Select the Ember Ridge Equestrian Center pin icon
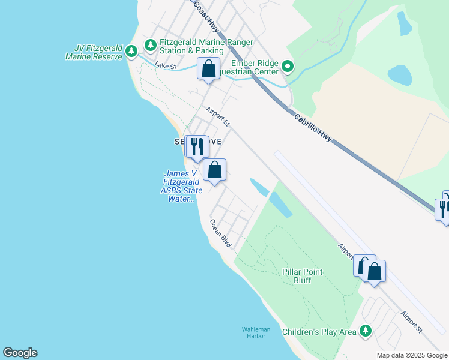click(288, 67)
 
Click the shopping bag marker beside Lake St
click(208, 68)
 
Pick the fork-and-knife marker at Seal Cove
click(196, 146)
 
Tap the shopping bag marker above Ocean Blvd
click(214, 170)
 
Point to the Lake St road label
click(165, 65)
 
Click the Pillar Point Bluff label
click(303, 276)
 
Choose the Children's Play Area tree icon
click(365, 331)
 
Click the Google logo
click(20, 353)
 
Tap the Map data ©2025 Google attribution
click(412, 355)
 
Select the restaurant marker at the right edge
click(443, 208)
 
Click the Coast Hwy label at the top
click(205, 15)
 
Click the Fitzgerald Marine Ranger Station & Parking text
click(206, 47)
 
